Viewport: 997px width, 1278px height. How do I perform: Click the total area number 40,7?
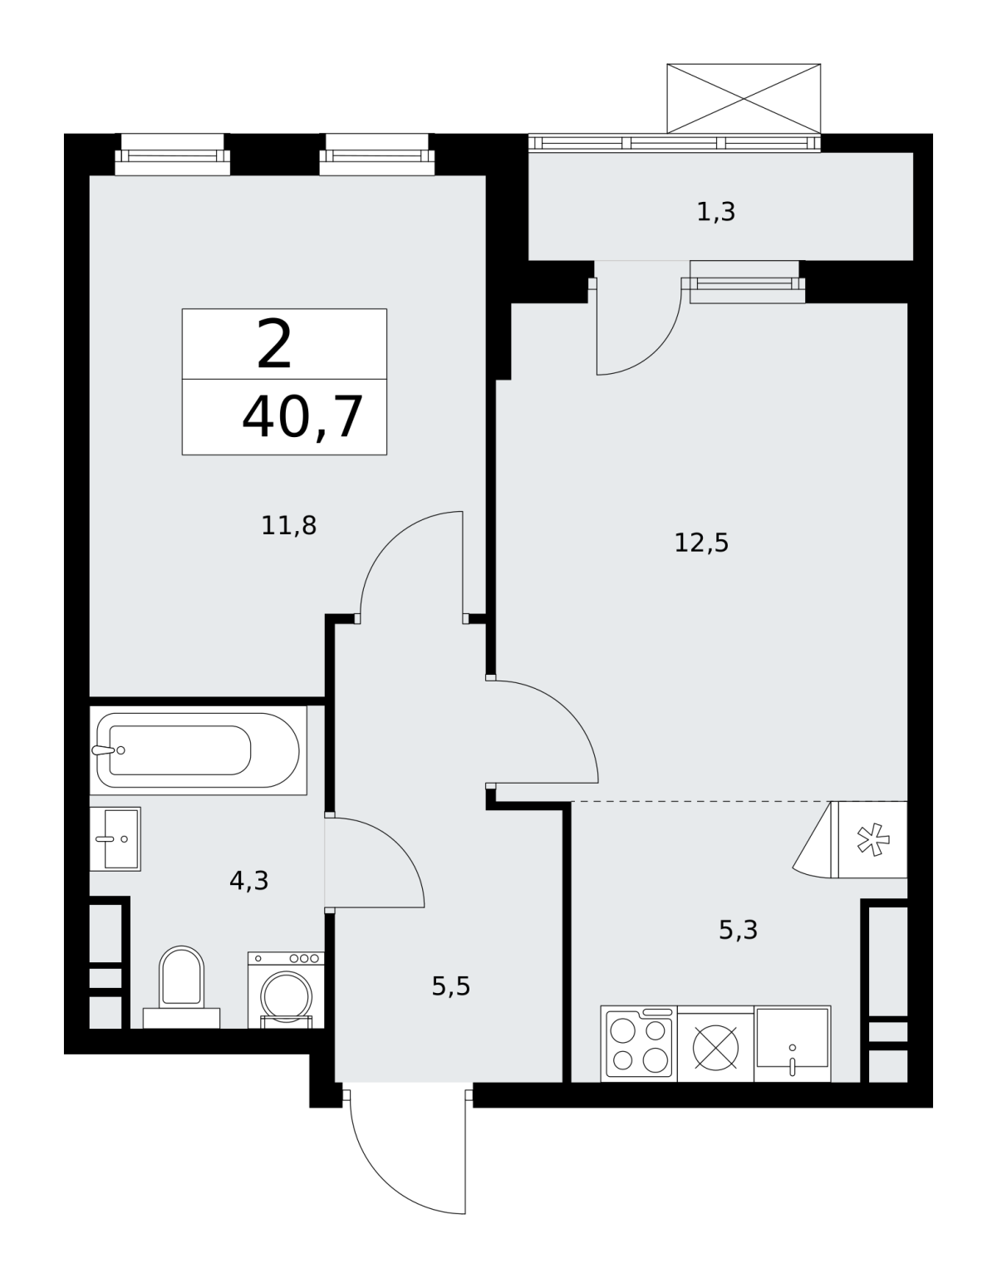click(302, 418)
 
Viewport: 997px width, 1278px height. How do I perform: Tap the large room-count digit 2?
click(274, 344)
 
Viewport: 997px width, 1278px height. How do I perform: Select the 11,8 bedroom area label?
click(288, 525)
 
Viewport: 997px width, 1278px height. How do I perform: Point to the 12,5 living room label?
click(701, 543)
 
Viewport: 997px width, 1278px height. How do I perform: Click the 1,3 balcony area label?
click(716, 212)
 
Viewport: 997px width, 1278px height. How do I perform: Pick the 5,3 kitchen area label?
click(739, 931)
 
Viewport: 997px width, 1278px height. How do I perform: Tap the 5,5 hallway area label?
click(451, 986)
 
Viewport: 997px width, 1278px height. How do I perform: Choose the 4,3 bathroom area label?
click(248, 881)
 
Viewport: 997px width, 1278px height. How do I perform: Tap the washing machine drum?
click(287, 995)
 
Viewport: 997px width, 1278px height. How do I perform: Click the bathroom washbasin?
click(115, 838)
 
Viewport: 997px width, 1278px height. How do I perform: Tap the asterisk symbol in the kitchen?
click(873, 840)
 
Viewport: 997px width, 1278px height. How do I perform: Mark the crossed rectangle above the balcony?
click(744, 99)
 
